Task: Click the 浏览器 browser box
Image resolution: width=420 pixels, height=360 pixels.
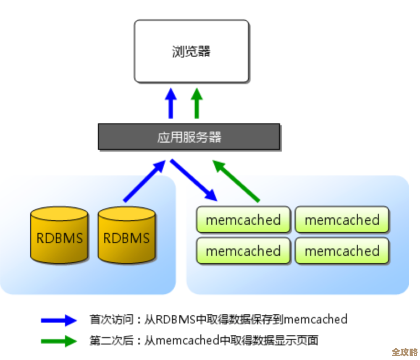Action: click(x=191, y=51)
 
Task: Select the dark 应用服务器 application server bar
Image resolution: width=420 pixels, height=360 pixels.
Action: click(x=189, y=137)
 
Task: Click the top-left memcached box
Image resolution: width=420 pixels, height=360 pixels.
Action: click(x=243, y=220)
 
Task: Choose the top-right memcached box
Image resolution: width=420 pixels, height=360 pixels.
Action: click(x=342, y=220)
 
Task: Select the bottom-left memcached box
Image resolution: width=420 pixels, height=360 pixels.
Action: click(x=243, y=251)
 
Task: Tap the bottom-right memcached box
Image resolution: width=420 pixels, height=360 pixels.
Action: click(x=342, y=251)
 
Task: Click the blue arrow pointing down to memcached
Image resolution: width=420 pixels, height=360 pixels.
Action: click(x=194, y=180)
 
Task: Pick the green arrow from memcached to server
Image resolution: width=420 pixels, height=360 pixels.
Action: click(x=236, y=180)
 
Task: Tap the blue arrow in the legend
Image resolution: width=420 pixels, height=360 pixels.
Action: click(x=59, y=321)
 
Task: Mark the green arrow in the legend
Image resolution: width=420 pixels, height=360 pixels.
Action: click(x=59, y=341)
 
